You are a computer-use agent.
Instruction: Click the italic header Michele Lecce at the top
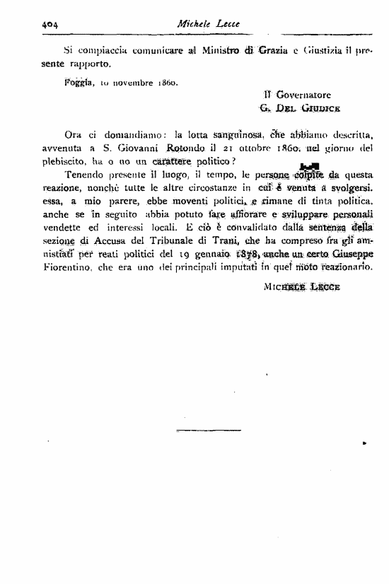[x=210, y=23]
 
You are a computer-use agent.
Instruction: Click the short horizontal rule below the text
[x=198, y=430]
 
